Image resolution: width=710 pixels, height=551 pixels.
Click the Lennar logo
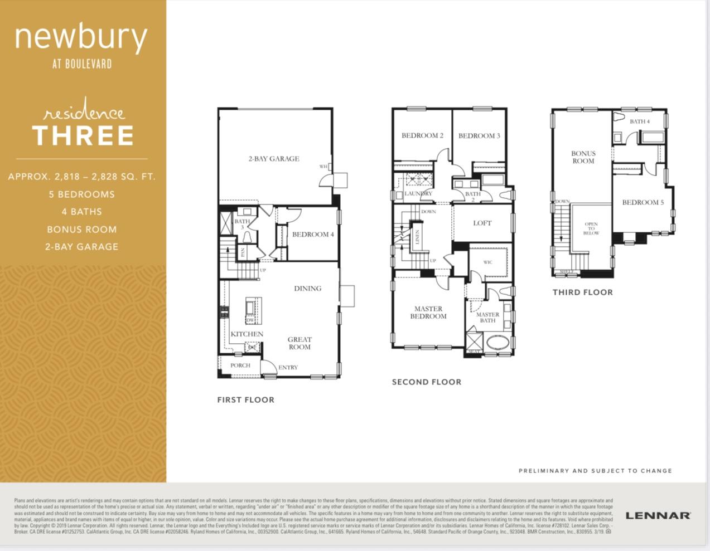pos(658,515)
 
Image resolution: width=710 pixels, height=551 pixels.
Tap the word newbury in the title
pos(81,38)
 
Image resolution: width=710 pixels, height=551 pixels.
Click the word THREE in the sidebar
pos(83,135)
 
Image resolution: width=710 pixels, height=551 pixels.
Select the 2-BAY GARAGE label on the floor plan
pos(273,159)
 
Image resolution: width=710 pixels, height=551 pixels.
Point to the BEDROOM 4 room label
pos(313,235)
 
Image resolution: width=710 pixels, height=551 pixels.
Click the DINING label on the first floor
pos(307,289)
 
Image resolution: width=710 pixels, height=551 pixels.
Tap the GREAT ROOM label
pos(300,343)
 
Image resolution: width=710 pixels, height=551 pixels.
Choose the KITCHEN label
pos(247,334)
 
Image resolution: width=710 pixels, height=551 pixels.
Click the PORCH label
pos(240,365)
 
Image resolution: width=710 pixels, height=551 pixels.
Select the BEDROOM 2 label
pos(422,135)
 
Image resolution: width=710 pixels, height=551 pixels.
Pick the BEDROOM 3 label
pos(479,135)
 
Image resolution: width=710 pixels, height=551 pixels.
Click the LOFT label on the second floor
pos(482,223)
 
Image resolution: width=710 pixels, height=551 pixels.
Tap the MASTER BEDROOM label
pos(428,313)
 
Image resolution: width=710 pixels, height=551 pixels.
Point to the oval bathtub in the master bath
pos(498,342)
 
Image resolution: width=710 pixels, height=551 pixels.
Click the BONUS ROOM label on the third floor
pos(583,157)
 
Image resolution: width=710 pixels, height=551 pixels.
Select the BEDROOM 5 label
pos(643,202)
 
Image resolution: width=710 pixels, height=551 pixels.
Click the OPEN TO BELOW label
pos(591,228)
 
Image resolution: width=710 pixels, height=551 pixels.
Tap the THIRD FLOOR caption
pos(582,292)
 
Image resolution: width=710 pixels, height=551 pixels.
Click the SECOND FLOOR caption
pos(426,382)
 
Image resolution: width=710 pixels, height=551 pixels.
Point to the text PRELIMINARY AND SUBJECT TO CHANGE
pos(595,471)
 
